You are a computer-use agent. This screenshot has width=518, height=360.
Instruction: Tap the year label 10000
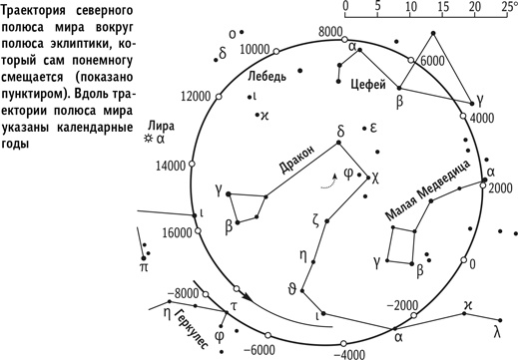(x=260, y=49)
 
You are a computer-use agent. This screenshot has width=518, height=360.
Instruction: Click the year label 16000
(x=177, y=232)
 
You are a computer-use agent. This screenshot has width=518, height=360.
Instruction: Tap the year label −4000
(x=348, y=352)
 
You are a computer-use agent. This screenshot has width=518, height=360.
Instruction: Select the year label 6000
(x=431, y=61)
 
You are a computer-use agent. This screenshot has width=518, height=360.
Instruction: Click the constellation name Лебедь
(x=266, y=75)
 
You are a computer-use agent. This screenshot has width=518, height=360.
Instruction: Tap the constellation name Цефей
(x=368, y=86)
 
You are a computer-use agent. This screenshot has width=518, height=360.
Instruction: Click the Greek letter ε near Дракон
(x=371, y=129)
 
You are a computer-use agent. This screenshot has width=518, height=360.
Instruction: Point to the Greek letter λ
(x=496, y=329)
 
